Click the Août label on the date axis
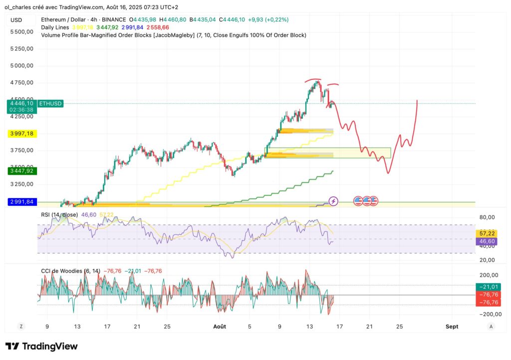220,327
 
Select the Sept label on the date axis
452,327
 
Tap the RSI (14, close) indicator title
59,215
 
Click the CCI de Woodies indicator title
70,271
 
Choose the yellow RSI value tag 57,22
487,233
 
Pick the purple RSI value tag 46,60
487,241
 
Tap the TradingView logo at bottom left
41,346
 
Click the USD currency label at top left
16,20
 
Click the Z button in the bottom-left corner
21,326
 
